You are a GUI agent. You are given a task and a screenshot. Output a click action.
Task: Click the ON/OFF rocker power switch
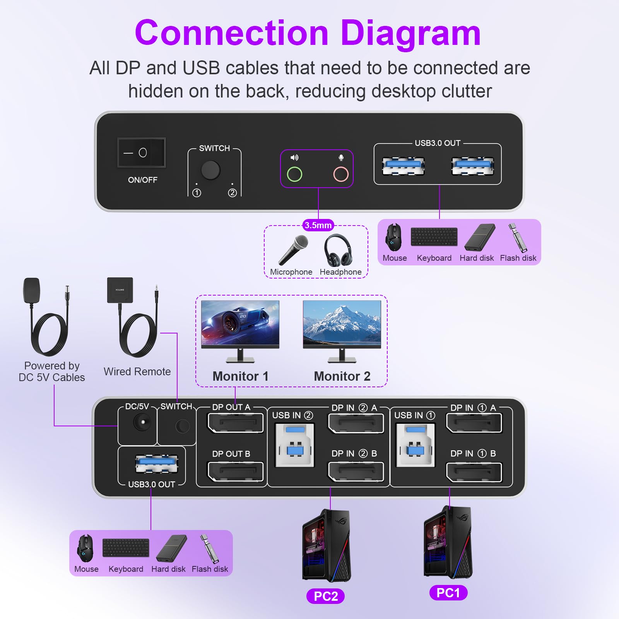(x=142, y=153)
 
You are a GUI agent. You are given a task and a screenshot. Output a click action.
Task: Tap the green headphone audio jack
(x=294, y=174)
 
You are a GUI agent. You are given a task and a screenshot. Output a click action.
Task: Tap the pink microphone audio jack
(x=341, y=174)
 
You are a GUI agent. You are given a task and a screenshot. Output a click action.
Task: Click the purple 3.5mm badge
(x=318, y=225)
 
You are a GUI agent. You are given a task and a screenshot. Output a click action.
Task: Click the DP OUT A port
(x=235, y=423)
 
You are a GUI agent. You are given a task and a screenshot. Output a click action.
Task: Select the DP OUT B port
(x=235, y=471)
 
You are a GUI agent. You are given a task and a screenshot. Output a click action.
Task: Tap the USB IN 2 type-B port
(x=295, y=445)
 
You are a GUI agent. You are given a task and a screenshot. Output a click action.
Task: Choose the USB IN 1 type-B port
(x=416, y=445)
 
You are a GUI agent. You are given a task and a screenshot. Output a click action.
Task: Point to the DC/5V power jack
(x=142, y=422)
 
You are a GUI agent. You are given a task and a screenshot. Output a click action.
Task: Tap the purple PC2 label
(x=325, y=596)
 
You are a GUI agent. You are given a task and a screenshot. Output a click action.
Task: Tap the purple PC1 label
(x=448, y=593)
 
